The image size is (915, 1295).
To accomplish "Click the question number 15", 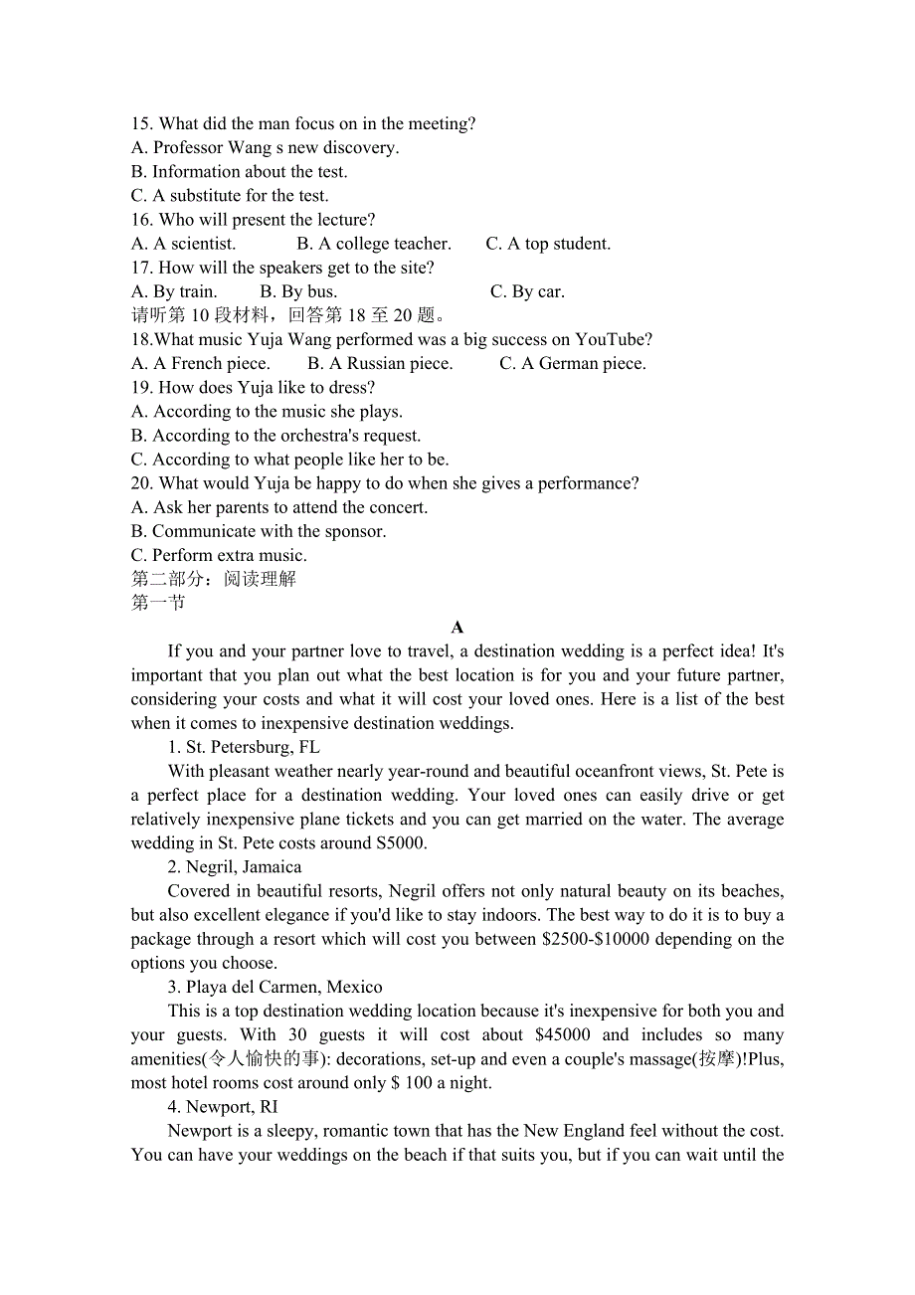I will (142, 124).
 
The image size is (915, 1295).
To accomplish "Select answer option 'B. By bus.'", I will (298, 291).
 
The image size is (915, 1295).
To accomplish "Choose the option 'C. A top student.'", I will (548, 244).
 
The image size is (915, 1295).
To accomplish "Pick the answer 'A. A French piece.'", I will (201, 363).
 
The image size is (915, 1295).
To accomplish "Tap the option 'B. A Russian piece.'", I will (380, 363).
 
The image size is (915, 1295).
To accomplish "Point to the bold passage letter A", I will (457, 627).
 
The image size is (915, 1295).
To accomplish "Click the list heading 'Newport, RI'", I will (223, 1106).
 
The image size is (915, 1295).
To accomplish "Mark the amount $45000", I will (563, 1034).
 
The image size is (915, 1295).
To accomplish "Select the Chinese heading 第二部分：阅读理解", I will (214, 579).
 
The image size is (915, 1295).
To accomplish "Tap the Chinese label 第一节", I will (158, 603).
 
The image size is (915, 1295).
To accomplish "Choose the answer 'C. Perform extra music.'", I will (219, 555).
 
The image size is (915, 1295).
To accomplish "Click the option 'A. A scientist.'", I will (184, 244).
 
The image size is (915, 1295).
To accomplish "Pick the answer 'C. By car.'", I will (527, 291).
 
